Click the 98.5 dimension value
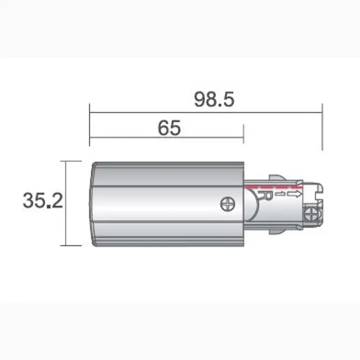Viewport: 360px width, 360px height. pos(214,99)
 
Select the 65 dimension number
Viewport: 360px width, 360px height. pos(169,128)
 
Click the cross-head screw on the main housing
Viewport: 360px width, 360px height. pos(228,203)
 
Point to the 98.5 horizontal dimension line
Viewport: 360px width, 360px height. pos(166,113)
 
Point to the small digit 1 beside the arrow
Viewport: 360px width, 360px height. pos(282,195)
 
